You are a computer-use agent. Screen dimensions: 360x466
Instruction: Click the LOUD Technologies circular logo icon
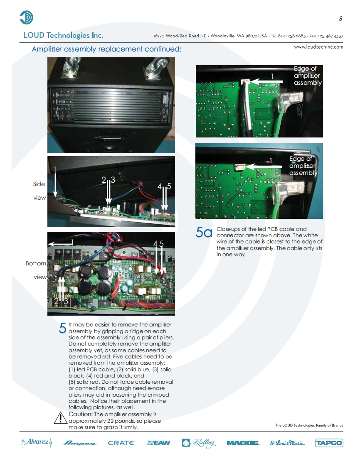(27, 17)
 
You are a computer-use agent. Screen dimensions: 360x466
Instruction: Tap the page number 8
(340, 18)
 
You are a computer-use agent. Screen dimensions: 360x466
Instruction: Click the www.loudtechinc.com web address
(318, 47)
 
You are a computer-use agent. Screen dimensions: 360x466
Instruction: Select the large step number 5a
(204, 232)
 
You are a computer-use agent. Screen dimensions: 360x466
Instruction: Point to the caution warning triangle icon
(61, 417)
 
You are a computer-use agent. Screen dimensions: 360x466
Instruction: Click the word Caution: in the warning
(81, 414)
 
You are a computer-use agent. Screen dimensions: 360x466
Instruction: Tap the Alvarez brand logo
(37, 442)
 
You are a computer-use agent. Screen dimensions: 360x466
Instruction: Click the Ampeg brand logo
(79, 443)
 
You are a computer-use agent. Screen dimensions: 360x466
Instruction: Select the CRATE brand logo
(121, 443)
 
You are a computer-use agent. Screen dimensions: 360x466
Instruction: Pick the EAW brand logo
(158, 443)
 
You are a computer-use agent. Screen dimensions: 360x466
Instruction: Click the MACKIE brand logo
(243, 443)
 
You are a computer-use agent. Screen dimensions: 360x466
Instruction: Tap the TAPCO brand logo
(329, 443)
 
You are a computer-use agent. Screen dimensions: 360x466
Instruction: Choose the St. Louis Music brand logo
(287, 443)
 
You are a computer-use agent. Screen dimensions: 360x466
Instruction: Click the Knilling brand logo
(198, 443)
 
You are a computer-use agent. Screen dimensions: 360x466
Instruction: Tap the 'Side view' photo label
(39, 191)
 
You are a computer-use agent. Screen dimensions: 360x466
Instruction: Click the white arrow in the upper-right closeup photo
(266, 81)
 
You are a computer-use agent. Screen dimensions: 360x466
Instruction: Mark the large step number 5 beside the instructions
(62, 328)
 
